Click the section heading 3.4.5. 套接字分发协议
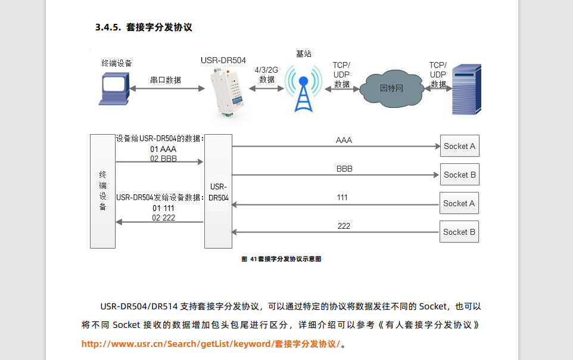point(143,27)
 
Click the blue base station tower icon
point(303,89)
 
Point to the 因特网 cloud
point(391,89)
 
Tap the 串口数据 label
point(166,80)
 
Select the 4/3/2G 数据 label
point(266,75)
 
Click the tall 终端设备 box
point(102,191)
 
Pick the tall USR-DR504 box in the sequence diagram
point(218,191)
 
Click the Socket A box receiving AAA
point(460,146)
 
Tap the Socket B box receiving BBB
point(460,175)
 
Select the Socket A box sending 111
point(459,203)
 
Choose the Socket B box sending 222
point(459,232)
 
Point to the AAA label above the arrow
point(344,141)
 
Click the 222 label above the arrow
point(344,226)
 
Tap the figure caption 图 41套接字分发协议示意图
point(281,259)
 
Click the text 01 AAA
point(164,149)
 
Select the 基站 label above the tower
point(303,54)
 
